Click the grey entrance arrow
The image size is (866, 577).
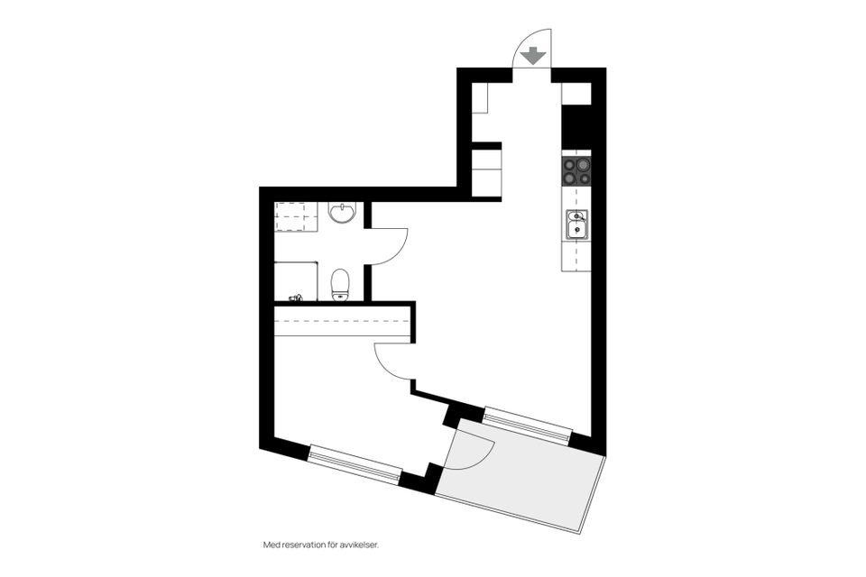[x=534, y=56]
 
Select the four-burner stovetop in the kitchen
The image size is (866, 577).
[x=576, y=170]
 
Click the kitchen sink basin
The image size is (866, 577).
[x=576, y=224]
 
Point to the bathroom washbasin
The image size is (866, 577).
[x=342, y=213]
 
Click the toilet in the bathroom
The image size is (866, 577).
[x=340, y=284]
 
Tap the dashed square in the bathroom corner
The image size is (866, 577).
[x=296, y=216]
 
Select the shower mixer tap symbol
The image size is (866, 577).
[x=297, y=297]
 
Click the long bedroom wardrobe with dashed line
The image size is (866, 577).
[x=343, y=321]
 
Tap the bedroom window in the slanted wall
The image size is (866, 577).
[x=355, y=463]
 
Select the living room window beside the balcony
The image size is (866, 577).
[x=528, y=425]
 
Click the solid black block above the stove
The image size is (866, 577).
[x=576, y=127]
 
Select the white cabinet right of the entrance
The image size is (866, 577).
[x=576, y=94]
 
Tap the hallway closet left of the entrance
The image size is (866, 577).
[x=480, y=97]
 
